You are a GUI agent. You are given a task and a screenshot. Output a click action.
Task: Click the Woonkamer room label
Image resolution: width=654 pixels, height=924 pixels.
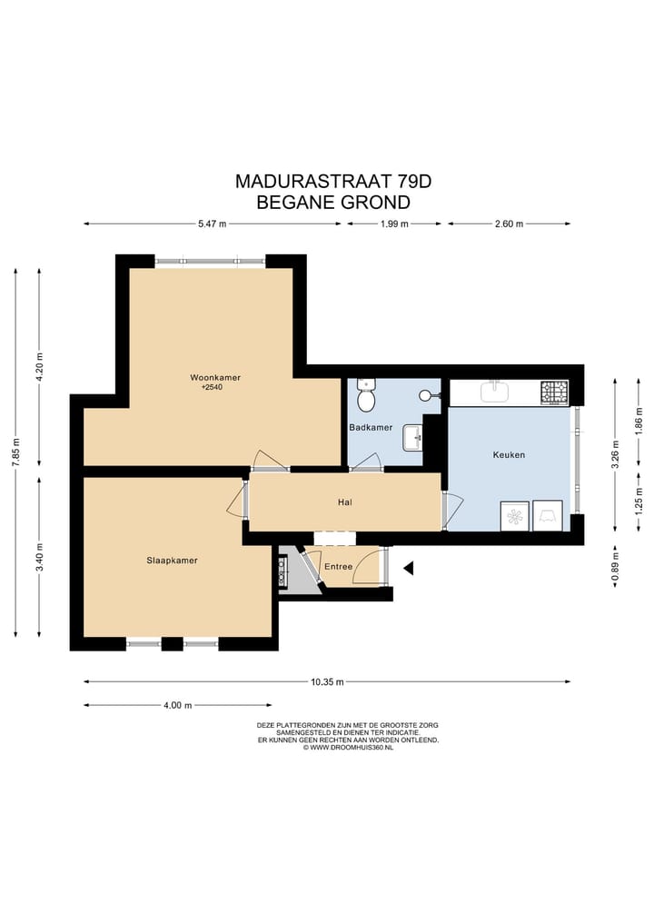click(x=215, y=378)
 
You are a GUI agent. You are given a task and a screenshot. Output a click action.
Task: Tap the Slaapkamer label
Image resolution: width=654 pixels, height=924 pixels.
click(x=172, y=561)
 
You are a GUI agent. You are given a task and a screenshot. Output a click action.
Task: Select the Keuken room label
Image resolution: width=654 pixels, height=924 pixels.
click(x=509, y=455)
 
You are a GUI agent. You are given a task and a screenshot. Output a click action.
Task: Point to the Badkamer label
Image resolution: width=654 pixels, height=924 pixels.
click(x=371, y=427)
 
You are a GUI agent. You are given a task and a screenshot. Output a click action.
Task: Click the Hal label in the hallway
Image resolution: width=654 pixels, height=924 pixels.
click(x=345, y=502)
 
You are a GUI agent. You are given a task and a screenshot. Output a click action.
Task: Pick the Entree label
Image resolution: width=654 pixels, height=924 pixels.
click(x=338, y=567)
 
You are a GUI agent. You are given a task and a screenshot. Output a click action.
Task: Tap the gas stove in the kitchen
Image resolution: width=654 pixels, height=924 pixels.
click(x=555, y=392)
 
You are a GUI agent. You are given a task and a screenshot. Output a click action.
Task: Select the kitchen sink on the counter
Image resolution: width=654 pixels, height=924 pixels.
click(x=495, y=392)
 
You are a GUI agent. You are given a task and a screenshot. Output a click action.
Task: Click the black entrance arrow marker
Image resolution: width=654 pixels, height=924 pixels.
click(x=409, y=568)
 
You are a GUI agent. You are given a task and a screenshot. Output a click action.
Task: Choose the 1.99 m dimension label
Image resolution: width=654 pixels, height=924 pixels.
click(x=394, y=224)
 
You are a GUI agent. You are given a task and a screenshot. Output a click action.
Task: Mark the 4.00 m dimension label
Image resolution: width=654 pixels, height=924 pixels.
click(x=177, y=705)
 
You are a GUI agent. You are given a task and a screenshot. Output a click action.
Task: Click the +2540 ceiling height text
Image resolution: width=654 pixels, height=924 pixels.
click(x=213, y=388)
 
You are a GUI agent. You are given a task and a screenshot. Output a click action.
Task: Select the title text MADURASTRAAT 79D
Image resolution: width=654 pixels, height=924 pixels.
click(x=333, y=182)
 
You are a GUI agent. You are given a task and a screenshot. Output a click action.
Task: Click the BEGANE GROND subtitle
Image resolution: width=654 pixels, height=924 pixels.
click(x=333, y=202)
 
